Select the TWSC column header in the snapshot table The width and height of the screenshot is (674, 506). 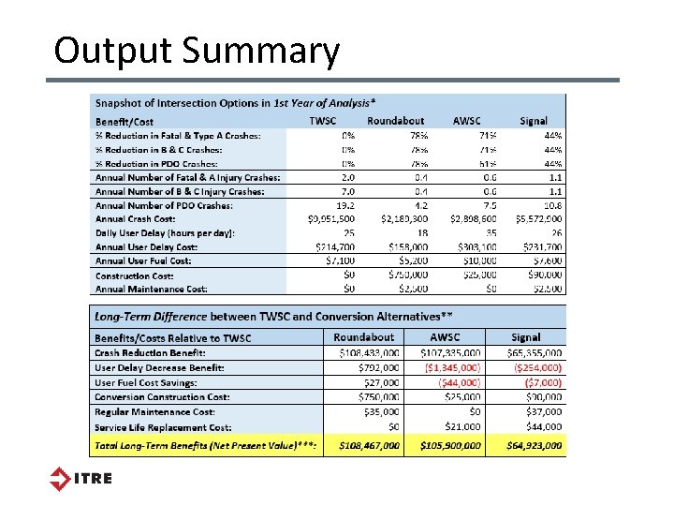tap(323, 120)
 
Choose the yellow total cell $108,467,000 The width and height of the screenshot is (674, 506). tap(370, 446)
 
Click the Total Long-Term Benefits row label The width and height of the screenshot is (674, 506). tap(206, 446)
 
